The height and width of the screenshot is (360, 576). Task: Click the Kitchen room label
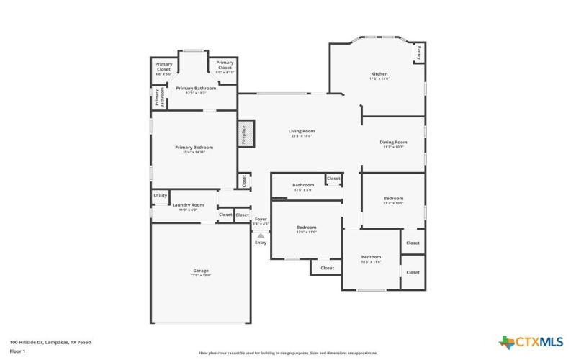tap(379, 74)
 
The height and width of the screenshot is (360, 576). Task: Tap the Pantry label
tap(418, 53)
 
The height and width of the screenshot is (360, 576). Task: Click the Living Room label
tap(302, 131)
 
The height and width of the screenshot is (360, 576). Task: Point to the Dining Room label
tap(393, 143)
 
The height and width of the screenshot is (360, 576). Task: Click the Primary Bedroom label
tap(194, 148)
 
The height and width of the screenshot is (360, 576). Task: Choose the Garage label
tap(200, 271)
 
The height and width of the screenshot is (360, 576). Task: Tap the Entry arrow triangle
tap(261, 235)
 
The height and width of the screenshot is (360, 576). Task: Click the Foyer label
tap(261, 219)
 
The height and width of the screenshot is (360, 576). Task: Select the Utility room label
tap(160, 195)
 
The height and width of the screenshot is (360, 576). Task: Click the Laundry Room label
tap(188, 205)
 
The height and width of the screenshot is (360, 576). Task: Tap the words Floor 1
tap(18, 351)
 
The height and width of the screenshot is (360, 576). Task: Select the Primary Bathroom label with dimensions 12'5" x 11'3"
tap(192, 89)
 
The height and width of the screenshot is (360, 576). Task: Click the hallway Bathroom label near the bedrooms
tap(303, 185)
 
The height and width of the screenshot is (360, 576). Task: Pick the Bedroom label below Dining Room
tap(393, 198)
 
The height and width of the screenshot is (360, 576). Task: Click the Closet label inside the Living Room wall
tap(244, 181)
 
